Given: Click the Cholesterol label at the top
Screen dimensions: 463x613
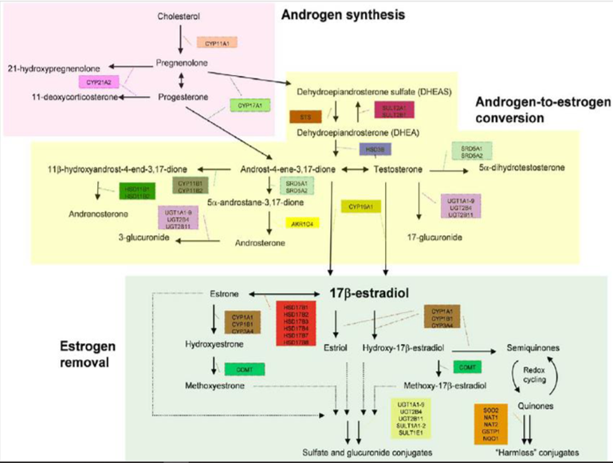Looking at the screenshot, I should click(x=179, y=16).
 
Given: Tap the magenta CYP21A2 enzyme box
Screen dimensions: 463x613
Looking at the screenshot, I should click(x=97, y=81).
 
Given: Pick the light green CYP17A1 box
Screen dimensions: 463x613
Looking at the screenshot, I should click(x=246, y=105).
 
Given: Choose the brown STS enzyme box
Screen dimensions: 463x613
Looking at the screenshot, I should click(x=305, y=117).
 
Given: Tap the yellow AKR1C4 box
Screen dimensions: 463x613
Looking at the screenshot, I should click(x=302, y=224).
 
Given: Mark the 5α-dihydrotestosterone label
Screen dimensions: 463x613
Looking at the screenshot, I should click(x=523, y=168).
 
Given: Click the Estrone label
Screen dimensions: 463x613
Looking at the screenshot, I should click(x=225, y=293).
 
